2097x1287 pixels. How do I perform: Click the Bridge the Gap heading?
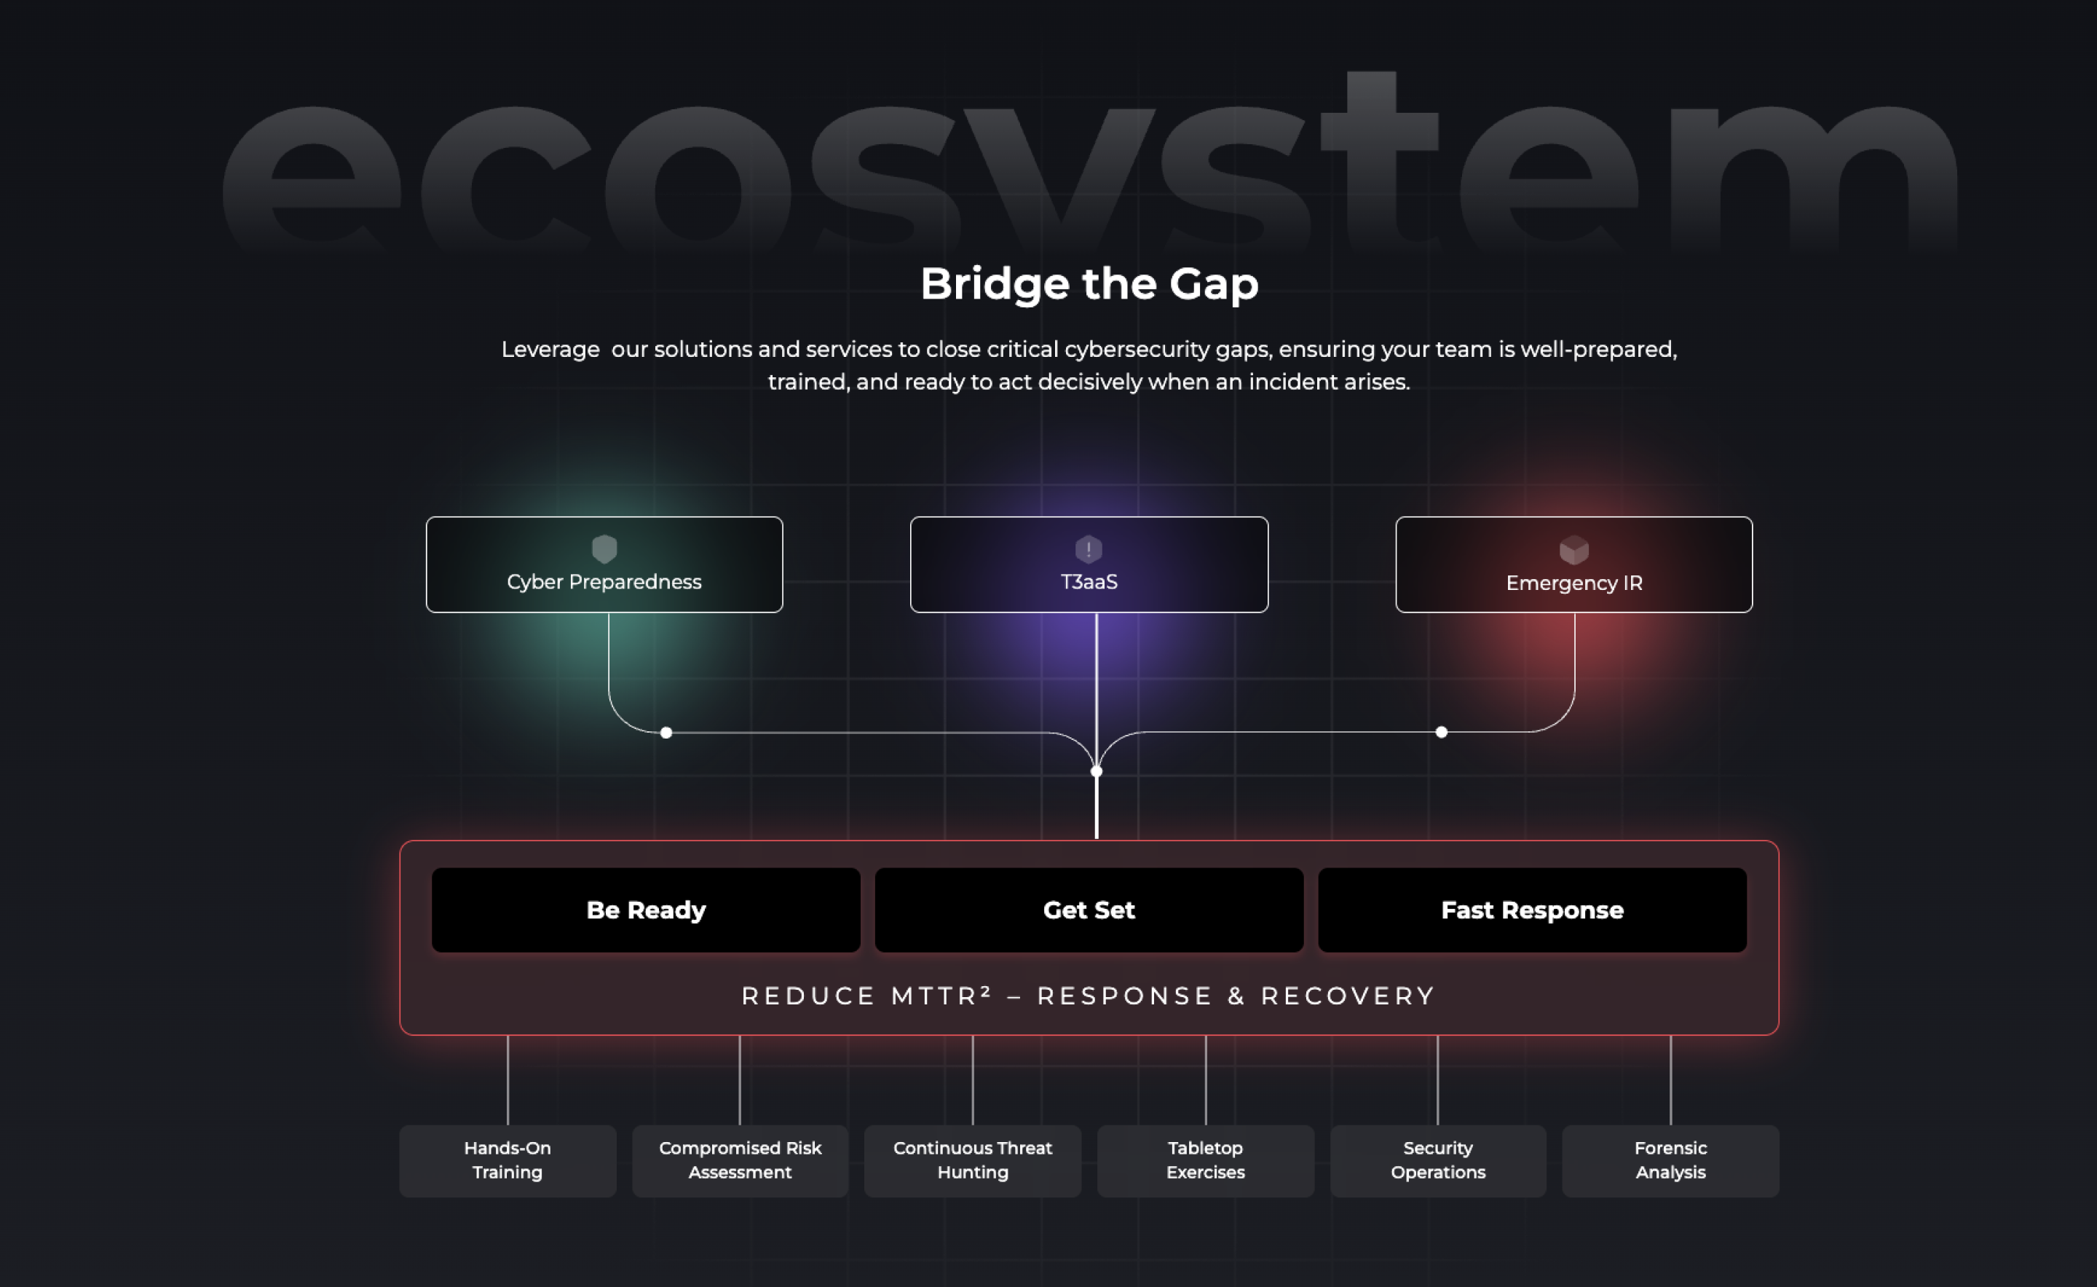pos(1089,283)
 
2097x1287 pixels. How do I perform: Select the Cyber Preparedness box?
pos(604,565)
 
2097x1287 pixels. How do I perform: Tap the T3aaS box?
pos(1089,565)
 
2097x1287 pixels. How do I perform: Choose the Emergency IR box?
pos(1573,565)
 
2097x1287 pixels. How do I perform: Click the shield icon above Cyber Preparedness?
pos(604,549)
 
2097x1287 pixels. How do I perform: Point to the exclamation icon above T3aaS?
pos(1089,549)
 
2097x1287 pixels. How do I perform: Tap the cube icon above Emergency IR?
pos(1573,550)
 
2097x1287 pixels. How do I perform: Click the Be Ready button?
pos(646,910)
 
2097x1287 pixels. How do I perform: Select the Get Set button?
pos(1089,910)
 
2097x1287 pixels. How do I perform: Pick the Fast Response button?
pos(1532,910)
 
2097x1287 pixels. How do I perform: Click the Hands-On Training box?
pos(508,1160)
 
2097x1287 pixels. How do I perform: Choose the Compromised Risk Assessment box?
pos(740,1160)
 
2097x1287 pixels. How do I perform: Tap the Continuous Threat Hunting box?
pos(973,1160)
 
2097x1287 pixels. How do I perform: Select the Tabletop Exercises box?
pos(1205,1160)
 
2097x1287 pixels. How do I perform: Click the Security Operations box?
pos(1437,1160)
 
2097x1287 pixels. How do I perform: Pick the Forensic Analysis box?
pos(1670,1160)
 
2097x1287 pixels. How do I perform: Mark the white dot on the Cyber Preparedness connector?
pos(666,733)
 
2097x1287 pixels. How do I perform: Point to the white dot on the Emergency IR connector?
pos(1442,732)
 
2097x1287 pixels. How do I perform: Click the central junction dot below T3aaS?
pos(1096,771)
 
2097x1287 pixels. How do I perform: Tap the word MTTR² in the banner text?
pos(941,996)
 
